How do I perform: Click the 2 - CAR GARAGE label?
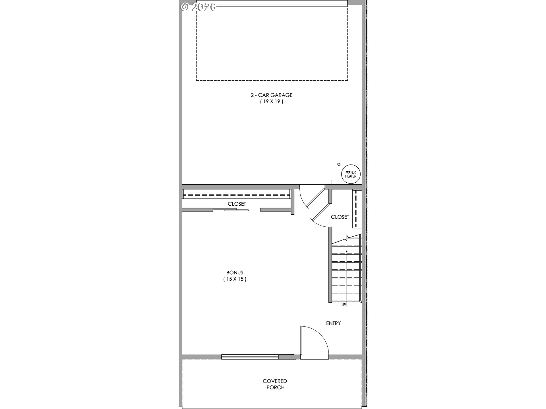pos(271,95)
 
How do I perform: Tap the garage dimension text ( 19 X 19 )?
pos(271,102)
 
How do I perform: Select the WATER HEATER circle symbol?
pos(351,174)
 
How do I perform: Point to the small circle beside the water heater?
pos(339,164)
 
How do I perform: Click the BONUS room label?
pos(235,273)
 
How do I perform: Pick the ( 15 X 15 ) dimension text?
pos(235,279)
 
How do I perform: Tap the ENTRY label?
pos(333,323)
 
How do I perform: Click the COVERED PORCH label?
pos(275,384)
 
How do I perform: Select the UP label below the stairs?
pos(344,305)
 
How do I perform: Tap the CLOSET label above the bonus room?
pos(237,204)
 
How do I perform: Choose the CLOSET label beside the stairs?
pos(340,217)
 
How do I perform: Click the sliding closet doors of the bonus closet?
pos(231,210)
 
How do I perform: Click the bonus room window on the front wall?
pos(250,357)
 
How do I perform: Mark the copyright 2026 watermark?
pos(198,7)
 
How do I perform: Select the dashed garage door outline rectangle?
pos(272,80)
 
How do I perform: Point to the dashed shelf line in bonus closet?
pos(236,195)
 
